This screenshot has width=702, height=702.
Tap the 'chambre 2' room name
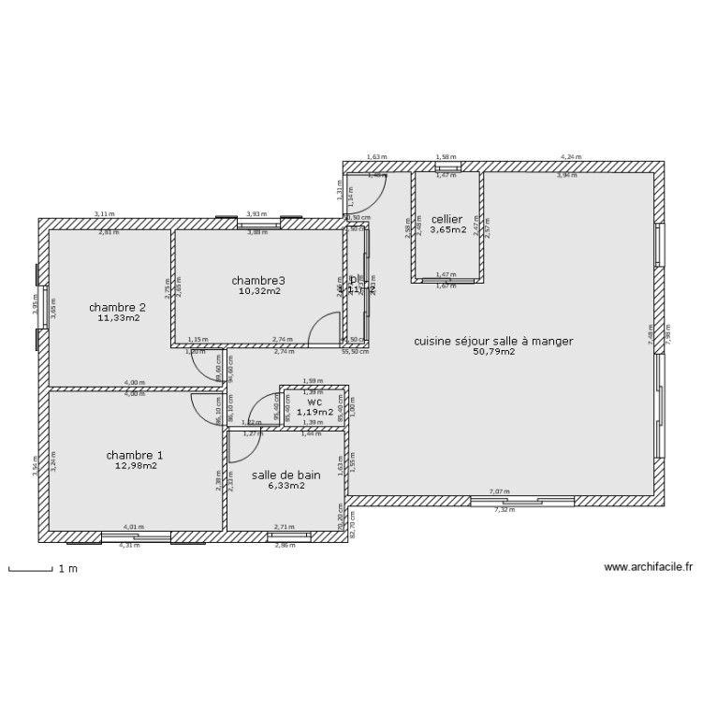point(118,307)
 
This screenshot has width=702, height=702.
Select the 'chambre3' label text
point(258,280)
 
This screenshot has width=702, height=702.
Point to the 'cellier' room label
point(447,218)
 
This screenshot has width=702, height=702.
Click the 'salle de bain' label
point(286,475)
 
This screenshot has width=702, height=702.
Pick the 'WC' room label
point(314,401)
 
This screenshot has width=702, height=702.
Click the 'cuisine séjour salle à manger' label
point(493,342)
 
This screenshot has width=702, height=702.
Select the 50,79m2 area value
point(493,353)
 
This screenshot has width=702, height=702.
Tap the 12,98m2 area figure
point(135,466)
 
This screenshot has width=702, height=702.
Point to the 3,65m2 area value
point(447,229)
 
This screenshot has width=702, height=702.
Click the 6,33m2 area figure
point(286,486)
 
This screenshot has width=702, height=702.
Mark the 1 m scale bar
point(30,568)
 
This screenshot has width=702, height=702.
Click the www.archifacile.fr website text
point(648,567)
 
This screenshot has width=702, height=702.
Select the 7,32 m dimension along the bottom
point(505,511)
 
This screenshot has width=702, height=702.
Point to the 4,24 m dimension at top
point(571,157)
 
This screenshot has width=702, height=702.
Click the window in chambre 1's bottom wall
point(136,536)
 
